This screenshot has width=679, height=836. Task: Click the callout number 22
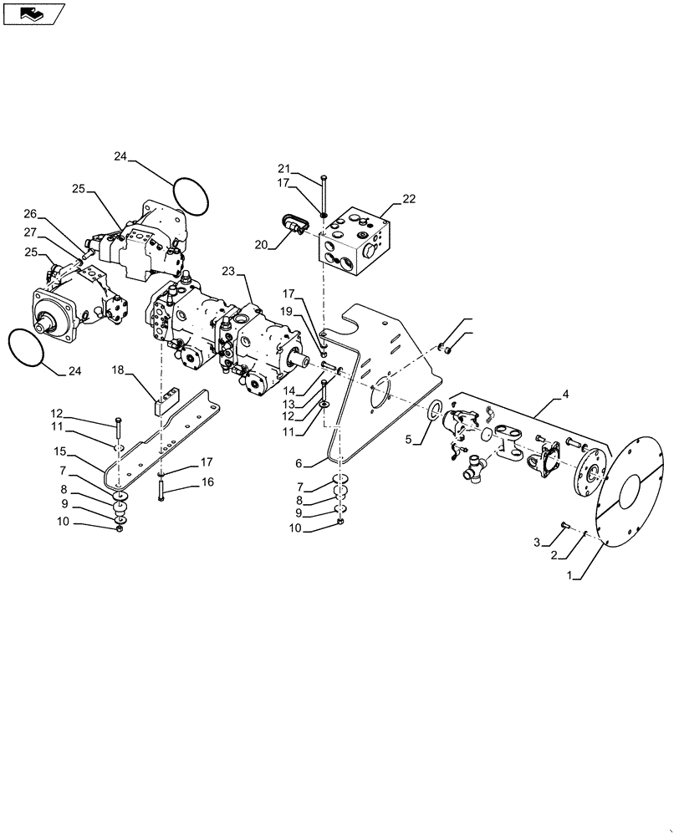pos(409,198)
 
